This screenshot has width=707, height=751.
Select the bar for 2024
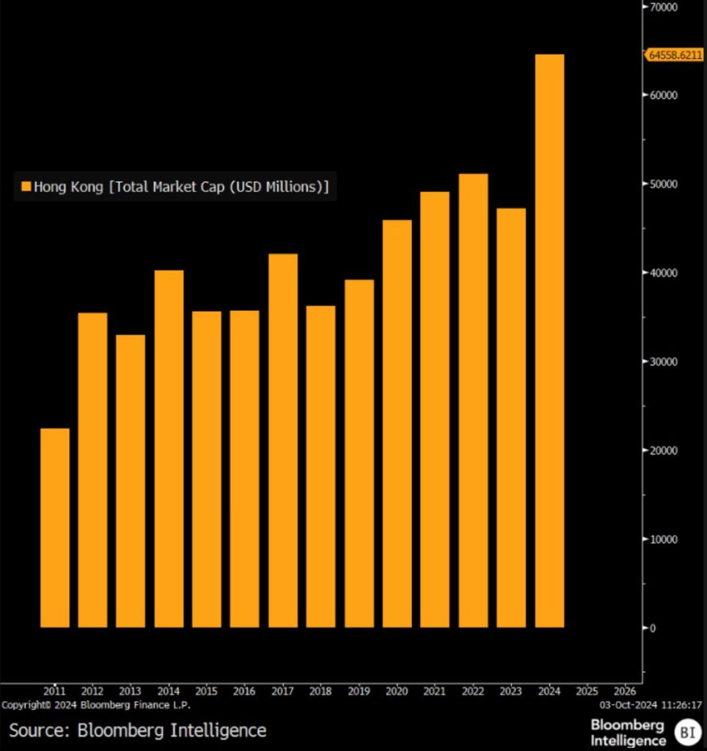(x=549, y=341)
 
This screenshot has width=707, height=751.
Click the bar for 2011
(x=55, y=528)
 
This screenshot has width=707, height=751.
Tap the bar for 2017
(x=283, y=440)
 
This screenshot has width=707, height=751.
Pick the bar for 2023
(x=511, y=418)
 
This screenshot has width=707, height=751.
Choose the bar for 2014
(x=169, y=449)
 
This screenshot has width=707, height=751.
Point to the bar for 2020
(x=397, y=424)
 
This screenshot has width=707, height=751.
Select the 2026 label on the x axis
(x=624, y=691)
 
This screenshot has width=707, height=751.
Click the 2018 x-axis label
(x=320, y=691)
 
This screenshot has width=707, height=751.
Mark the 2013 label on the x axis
(x=131, y=691)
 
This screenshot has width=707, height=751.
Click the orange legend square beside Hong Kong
(x=26, y=187)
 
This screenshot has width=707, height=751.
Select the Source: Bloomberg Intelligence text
(x=137, y=730)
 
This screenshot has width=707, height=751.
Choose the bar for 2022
(x=473, y=400)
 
